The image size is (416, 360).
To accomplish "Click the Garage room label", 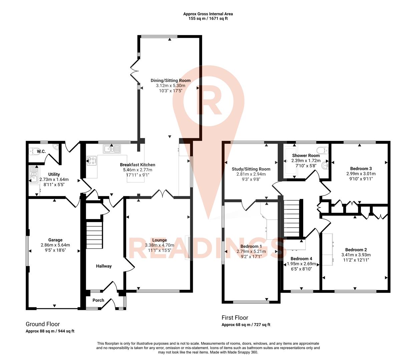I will coord(55,240).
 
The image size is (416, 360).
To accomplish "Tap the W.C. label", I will coord(41,152).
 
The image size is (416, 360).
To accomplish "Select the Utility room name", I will coord(54,174).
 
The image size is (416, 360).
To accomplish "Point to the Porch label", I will coord(98,300).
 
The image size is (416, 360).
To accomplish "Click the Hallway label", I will coord(104,266).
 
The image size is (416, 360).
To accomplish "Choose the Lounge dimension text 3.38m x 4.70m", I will coord(159,245).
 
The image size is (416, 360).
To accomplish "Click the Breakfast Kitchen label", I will coord(137,165).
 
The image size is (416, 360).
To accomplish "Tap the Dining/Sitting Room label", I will coord(170,80).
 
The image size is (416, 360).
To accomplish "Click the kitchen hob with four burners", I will coord(91,161).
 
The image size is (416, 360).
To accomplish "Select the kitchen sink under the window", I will coord(112,149).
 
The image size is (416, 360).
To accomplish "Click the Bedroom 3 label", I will coord(361,169).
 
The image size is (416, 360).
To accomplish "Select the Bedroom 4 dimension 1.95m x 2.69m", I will coord(302,264).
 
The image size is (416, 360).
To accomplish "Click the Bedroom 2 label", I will coord(356,250).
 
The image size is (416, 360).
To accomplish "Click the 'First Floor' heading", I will coord(235,318).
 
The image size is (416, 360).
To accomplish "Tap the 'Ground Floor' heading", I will coord(43,324).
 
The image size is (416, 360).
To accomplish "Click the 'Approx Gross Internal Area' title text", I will coord(208,14).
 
